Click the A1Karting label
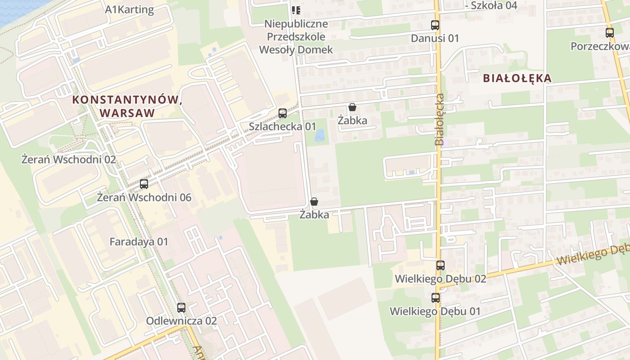(130, 10)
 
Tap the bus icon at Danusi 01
(435, 25)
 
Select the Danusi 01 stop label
(435, 38)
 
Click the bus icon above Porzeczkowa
(610, 33)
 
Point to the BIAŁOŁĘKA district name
(517, 78)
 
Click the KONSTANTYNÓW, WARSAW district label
(127, 106)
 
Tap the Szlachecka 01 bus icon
(283, 113)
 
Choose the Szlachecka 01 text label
(283, 126)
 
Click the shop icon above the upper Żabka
(352, 108)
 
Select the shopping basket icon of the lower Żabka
(314, 202)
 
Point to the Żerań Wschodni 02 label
(69, 159)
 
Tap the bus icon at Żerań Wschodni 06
(144, 184)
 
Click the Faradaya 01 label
(139, 242)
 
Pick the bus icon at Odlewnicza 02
(181, 308)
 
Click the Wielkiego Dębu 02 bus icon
(441, 265)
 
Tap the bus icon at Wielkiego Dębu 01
(436, 297)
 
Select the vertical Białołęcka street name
(440, 119)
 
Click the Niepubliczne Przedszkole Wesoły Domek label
(296, 36)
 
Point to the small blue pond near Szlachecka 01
(320, 135)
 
